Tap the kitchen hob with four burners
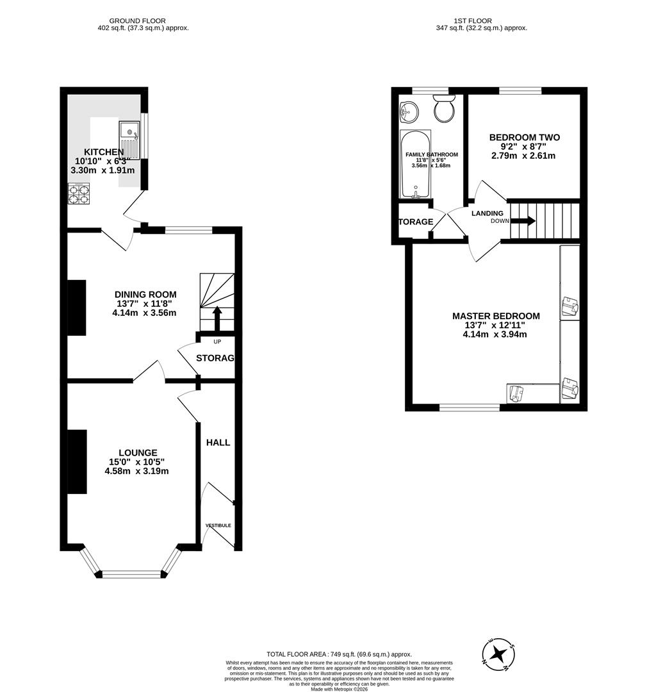(79, 194)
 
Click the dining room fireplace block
(77, 308)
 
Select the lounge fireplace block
(77, 461)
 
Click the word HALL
(218, 442)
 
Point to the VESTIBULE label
(218, 525)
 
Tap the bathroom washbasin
(407, 111)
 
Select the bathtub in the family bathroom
(415, 165)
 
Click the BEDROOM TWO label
(524, 137)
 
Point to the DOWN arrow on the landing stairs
(524, 221)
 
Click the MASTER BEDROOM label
(496, 316)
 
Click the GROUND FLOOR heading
(138, 21)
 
